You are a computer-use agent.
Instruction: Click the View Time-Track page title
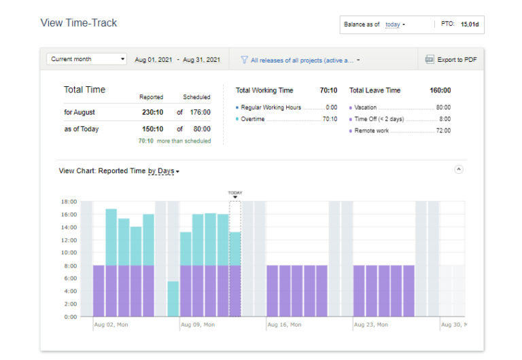point(79,23)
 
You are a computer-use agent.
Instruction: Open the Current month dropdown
point(87,59)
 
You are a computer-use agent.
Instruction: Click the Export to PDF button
point(451,60)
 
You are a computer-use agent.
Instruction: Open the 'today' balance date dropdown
point(395,24)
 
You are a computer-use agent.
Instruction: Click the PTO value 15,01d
point(469,24)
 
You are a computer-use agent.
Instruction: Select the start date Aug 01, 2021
point(154,60)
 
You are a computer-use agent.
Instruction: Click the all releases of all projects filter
point(300,60)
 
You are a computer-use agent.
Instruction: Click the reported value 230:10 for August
point(152,112)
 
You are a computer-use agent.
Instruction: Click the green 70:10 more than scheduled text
point(174,141)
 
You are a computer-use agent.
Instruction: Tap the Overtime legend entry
point(254,119)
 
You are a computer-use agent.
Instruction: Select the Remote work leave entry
point(372,130)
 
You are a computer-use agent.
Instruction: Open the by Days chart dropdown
point(163,171)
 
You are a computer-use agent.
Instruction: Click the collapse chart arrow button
point(459,169)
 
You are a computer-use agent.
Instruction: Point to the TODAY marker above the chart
point(235,194)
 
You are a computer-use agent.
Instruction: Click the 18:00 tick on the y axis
point(68,202)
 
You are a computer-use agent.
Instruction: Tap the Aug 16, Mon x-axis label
point(284,325)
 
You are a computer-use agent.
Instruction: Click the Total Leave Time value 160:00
point(440,90)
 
